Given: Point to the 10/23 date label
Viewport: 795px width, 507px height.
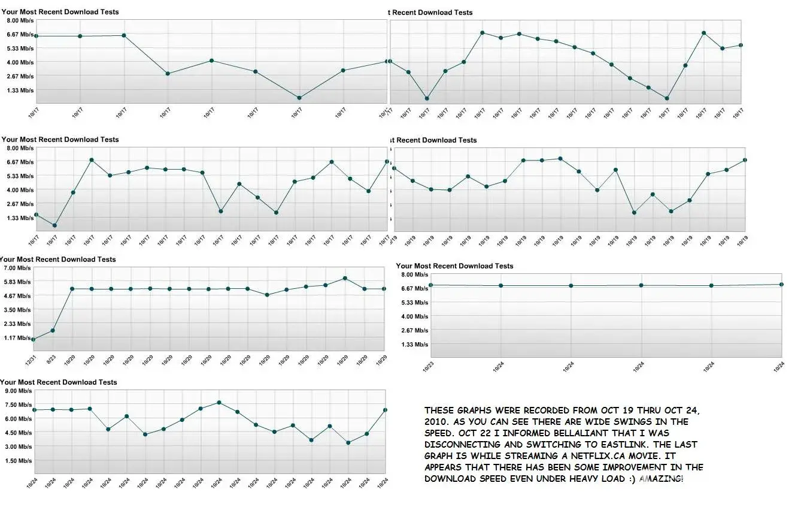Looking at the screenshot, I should [428, 367].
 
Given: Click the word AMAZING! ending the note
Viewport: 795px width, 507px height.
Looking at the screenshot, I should [661, 479].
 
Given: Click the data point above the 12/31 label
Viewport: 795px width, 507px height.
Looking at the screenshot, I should [33, 340].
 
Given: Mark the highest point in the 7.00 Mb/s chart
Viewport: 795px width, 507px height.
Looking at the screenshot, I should [345, 278].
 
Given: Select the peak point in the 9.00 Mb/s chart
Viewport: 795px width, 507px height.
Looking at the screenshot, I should [219, 403].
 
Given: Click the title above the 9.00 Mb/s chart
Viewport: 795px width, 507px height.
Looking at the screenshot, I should [59, 382].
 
